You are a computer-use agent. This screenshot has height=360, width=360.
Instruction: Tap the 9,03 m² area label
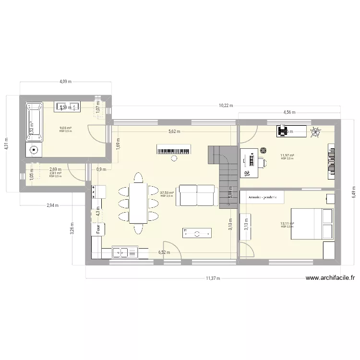[65, 128]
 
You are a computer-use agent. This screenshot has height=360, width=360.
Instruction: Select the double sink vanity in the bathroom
[68, 107]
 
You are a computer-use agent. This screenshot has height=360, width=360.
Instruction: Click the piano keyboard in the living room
[174, 149]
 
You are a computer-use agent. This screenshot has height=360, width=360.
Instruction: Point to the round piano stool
[174, 158]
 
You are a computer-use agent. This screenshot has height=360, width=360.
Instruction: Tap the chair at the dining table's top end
[138, 177]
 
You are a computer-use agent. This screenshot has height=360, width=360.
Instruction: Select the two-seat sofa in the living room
[196, 195]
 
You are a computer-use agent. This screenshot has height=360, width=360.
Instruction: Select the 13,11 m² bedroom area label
[288, 223]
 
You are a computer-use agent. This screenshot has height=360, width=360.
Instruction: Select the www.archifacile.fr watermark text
[330, 277]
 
